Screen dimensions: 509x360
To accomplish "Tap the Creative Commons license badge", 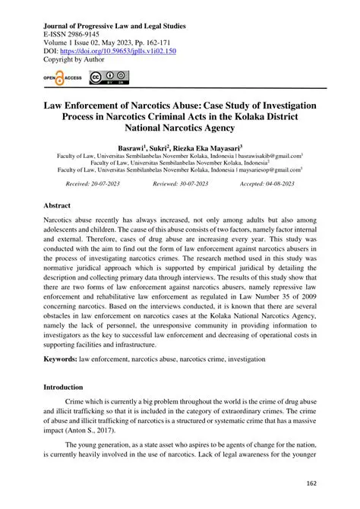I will (x=109, y=77).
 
